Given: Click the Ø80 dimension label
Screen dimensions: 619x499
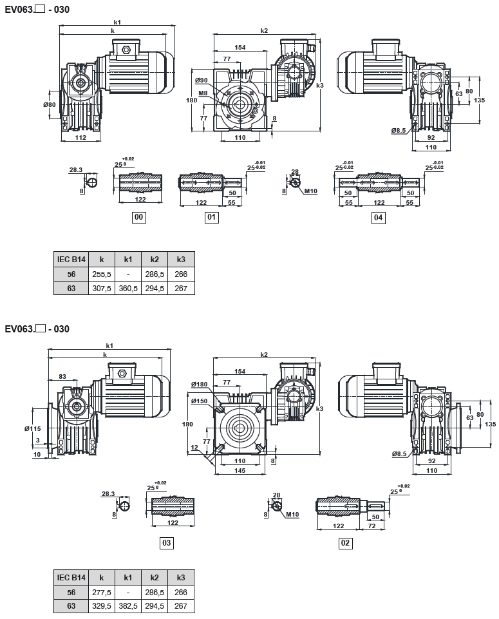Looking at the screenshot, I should coord(50,105).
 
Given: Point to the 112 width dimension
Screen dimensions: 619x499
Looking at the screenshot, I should coord(80,137).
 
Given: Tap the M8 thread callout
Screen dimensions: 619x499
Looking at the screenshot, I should coord(203,93).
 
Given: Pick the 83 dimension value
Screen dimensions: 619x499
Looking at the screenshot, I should coord(62,376).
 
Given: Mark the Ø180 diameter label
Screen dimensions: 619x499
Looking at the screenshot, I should coord(200,385).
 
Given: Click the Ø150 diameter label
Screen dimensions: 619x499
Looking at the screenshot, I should coord(200,401).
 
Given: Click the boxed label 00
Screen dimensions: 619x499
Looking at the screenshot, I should coord(138,218).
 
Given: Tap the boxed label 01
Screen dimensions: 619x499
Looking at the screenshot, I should coord(211,218).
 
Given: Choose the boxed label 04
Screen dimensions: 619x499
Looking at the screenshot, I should coord(379,218).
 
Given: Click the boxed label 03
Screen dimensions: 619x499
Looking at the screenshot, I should coord(167,544).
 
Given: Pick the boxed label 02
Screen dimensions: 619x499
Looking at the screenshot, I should coord(345,544).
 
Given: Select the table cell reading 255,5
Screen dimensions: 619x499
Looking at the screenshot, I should coord(102,274).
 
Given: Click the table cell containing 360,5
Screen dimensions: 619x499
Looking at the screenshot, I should coord(128,288).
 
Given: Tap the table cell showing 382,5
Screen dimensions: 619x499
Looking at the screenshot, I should coord(128,605).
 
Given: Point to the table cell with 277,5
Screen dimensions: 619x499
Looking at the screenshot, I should coord(102,591).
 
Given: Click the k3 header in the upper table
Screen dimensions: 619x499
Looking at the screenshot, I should coord(181,260).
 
